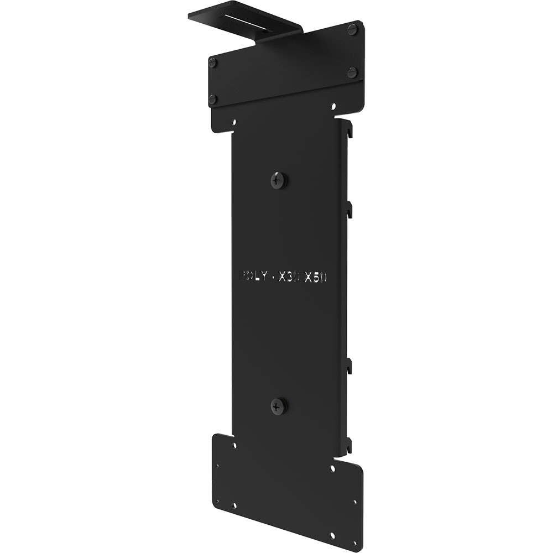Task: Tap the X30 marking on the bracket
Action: (289, 277)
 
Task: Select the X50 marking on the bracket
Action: (316, 277)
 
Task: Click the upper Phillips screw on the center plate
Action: (279, 180)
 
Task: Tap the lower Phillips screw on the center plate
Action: (279, 406)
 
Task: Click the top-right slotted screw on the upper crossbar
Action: (352, 30)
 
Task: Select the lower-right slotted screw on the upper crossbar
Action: (352, 72)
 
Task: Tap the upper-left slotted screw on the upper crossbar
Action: (212, 62)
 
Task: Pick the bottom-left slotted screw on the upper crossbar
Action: (212, 100)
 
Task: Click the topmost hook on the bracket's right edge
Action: (349, 131)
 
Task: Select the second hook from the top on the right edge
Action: (349, 210)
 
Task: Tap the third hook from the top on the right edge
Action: (349, 366)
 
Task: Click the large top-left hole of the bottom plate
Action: (234, 444)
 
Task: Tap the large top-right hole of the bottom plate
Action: (332, 468)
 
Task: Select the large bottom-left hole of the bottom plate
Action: (234, 505)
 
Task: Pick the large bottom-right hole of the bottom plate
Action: (332, 535)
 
